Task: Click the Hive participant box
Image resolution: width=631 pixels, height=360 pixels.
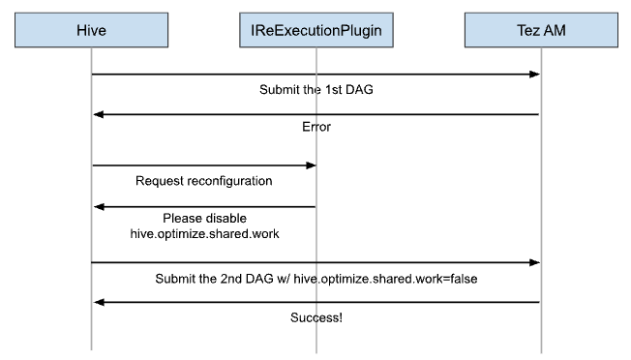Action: click(x=91, y=31)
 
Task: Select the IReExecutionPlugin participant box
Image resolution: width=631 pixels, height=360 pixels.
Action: click(x=316, y=31)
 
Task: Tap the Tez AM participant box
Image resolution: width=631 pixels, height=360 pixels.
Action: click(x=540, y=31)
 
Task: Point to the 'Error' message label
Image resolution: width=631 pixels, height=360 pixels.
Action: click(x=315, y=128)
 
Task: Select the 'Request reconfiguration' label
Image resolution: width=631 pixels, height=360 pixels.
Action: click(x=203, y=180)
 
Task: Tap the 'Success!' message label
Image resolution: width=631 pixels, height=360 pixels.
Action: click(x=315, y=316)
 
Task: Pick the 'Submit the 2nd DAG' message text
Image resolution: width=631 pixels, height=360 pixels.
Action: click(x=315, y=278)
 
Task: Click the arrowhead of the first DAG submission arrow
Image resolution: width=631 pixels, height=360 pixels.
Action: click(x=534, y=75)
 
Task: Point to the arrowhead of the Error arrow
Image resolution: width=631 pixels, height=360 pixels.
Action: click(x=98, y=114)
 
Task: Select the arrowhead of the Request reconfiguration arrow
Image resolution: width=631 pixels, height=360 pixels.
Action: click(x=311, y=165)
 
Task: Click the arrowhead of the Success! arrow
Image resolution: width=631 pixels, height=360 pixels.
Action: click(x=98, y=302)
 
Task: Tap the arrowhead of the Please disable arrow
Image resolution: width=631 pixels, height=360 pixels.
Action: click(x=98, y=205)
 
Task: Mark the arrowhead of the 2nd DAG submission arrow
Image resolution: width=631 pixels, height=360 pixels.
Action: click(x=534, y=262)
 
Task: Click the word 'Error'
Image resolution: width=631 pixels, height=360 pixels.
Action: click(x=315, y=128)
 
